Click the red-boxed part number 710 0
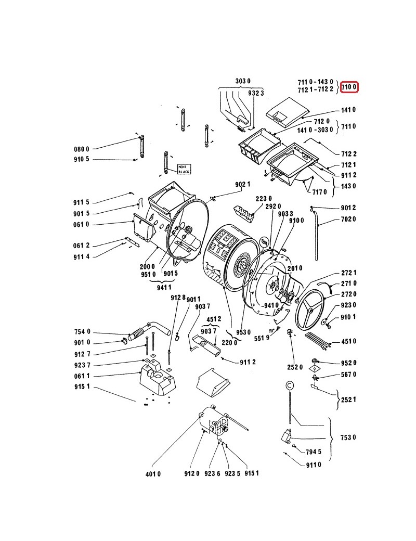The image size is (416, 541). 349,87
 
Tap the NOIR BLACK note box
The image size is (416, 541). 184,169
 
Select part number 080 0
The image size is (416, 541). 82,149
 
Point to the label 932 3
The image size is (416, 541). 256,93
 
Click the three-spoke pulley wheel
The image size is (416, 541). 310,311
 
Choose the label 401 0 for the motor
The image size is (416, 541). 153,474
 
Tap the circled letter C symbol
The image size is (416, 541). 290,384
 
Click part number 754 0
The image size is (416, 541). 82,331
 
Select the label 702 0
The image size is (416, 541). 348,219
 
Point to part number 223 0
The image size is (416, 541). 264,198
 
